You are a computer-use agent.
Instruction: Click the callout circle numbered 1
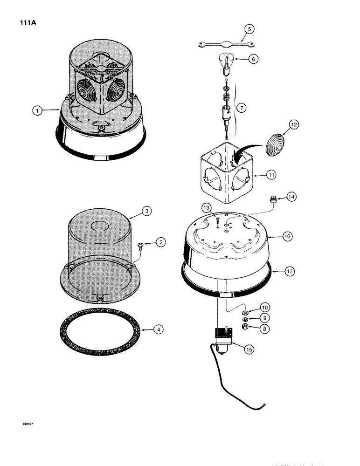(36, 110)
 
